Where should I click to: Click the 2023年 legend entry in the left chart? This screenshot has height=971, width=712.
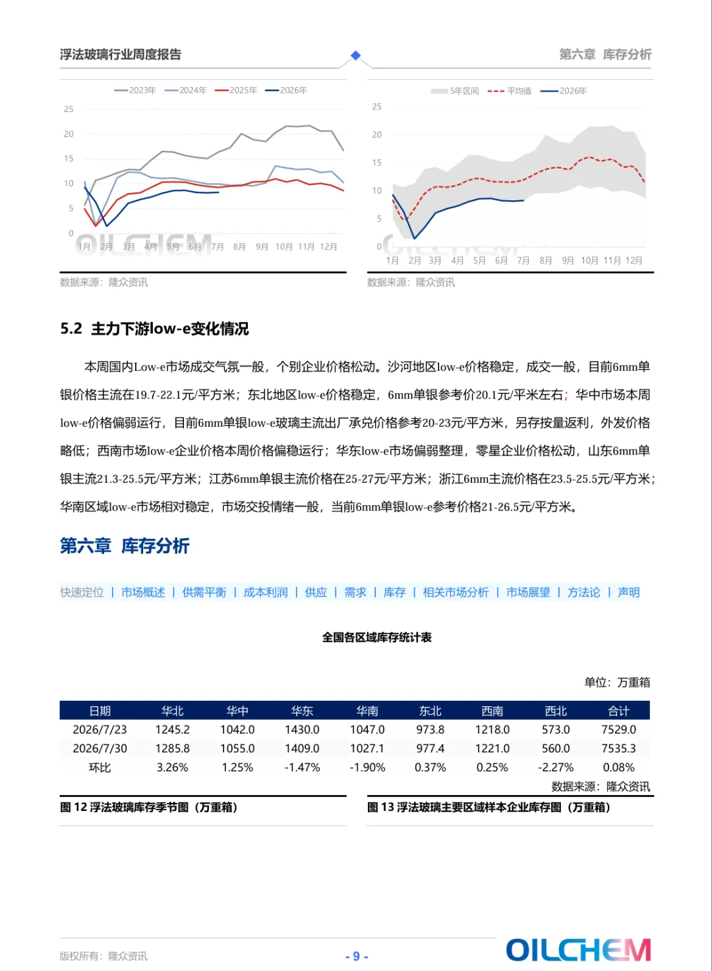(135, 90)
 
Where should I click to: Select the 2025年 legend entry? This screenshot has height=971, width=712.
(236, 90)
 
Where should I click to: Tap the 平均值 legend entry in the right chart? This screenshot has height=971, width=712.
(510, 91)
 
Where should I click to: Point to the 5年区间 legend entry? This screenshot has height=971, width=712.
(455, 91)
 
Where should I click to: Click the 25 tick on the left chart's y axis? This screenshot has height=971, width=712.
(69, 109)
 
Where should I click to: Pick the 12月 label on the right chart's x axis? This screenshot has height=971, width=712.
(634, 260)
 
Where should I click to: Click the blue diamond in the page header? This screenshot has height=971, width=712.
(355, 55)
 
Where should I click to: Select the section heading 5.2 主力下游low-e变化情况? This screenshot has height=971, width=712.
(154, 329)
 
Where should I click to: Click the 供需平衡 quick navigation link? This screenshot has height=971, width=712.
(204, 592)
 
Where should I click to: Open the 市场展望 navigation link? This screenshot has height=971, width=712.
(528, 592)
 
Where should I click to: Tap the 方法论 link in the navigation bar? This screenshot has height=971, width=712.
(583, 592)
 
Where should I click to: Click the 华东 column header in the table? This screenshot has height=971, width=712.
(302, 711)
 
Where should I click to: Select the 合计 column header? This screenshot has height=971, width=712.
(618, 711)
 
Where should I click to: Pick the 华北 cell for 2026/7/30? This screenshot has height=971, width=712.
(173, 748)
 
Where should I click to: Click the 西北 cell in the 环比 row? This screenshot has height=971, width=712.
(555, 767)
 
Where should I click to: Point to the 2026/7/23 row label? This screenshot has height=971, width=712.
(100, 730)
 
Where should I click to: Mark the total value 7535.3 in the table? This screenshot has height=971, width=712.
(618, 748)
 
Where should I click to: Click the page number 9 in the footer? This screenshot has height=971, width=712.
(357, 957)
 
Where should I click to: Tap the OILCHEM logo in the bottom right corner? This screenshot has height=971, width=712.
(579, 950)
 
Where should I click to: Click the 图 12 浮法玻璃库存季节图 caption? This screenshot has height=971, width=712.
(148, 807)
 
